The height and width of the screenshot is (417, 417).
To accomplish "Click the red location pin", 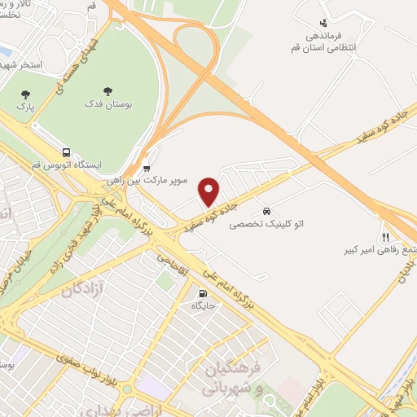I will click(209, 191).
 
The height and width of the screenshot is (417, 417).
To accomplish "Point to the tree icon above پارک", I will click(25, 93).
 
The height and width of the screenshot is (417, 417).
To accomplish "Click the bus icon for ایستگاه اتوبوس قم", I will click(65, 151).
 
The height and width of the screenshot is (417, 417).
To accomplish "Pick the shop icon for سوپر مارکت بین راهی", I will click(147, 169).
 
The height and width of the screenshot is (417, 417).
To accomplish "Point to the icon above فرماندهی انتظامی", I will click(324, 23).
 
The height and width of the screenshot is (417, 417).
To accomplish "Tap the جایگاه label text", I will click(202, 306).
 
